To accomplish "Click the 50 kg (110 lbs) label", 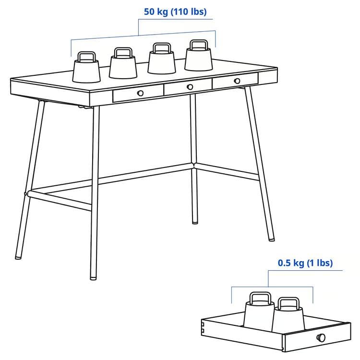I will [x=175, y=12].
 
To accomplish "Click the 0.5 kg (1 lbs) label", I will [x=305, y=263].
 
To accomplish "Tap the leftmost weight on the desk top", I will [x=86, y=70].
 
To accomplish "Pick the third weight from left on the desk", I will [x=161, y=61].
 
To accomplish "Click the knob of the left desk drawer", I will [x=140, y=93].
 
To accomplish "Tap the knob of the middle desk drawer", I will [x=190, y=87].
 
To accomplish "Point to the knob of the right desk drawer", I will [x=237, y=81].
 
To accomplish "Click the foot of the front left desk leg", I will [x=94, y=277].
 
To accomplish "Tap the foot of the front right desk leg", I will [x=272, y=237].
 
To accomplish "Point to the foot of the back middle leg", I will [x=194, y=221].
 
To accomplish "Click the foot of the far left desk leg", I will [x=18, y=257].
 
